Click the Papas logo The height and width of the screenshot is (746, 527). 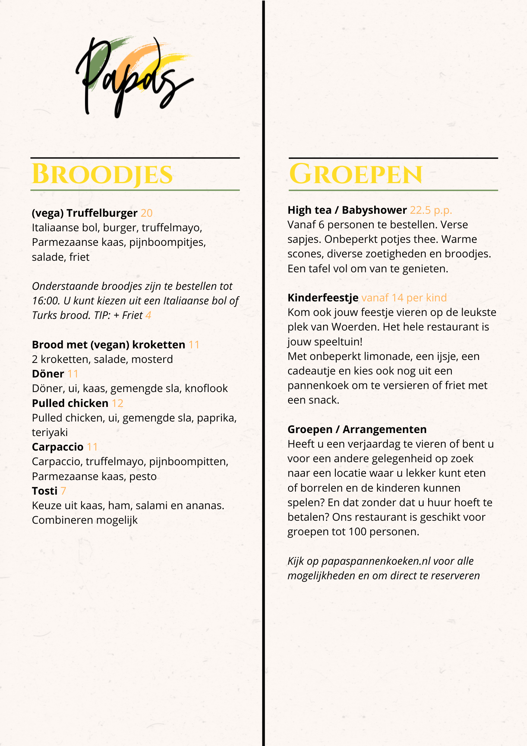point(134,76)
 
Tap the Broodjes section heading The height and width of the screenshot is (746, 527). point(102,174)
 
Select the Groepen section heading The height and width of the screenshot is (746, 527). point(356,174)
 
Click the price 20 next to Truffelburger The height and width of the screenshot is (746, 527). point(146,213)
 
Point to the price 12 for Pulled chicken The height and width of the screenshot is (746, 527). point(117,403)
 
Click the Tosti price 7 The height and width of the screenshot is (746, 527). point(63,491)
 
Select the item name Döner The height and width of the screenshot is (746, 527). point(48,374)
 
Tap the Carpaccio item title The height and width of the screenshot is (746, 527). point(58,447)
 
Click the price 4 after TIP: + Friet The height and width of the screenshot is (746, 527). point(148,316)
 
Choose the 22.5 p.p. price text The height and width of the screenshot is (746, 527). point(431,210)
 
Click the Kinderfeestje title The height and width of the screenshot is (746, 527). point(323,298)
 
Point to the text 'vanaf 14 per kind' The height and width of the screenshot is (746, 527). point(404,298)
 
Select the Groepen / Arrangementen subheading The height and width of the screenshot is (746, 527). point(357,429)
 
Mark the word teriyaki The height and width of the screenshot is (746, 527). point(50,432)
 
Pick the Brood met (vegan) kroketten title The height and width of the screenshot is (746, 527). point(108,345)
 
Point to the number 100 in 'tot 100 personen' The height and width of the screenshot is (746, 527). point(357,532)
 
